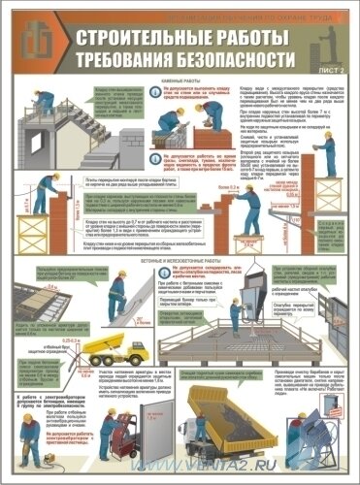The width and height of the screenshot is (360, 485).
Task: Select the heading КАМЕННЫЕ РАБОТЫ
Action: [x=185, y=84]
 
